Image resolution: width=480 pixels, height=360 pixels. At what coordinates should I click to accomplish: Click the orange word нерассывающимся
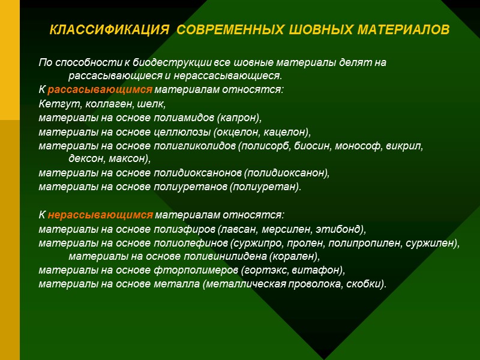click(100, 215)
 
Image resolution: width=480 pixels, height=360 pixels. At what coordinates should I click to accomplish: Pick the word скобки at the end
click(365, 284)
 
